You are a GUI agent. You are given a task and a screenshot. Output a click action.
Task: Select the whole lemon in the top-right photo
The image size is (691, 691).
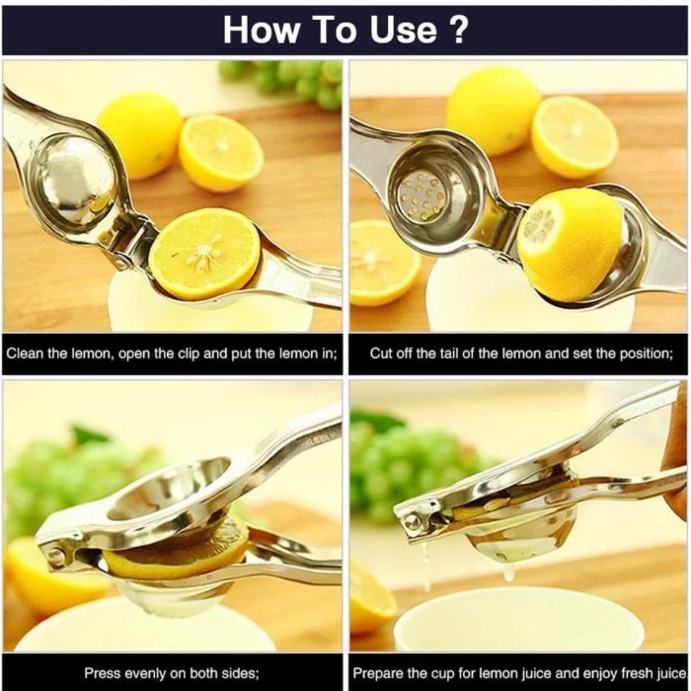(x=493, y=110)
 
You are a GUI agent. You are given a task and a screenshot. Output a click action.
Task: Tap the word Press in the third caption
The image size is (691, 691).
(x=103, y=673)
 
